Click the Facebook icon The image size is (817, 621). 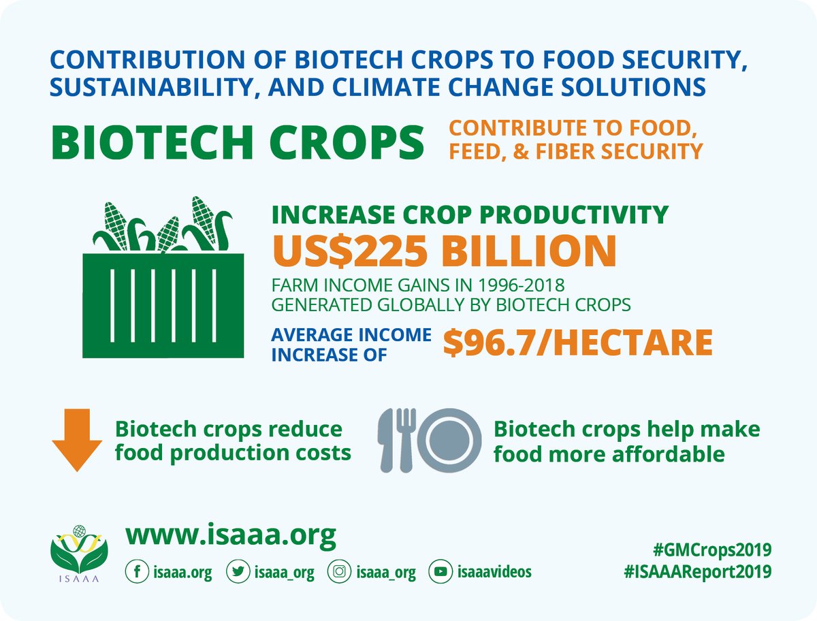pyautogui.click(x=136, y=573)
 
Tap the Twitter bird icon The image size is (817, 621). pyautogui.click(x=238, y=573)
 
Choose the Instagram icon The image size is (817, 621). pyautogui.click(x=339, y=573)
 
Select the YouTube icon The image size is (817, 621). pyautogui.click(x=440, y=573)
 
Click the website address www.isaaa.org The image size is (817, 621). pyautogui.click(x=230, y=536)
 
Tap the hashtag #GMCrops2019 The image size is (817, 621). pyautogui.click(x=707, y=550)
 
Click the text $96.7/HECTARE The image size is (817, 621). pyautogui.click(x=577, y=343)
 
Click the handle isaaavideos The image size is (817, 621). pyautogui.click(x=495, y=573)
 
